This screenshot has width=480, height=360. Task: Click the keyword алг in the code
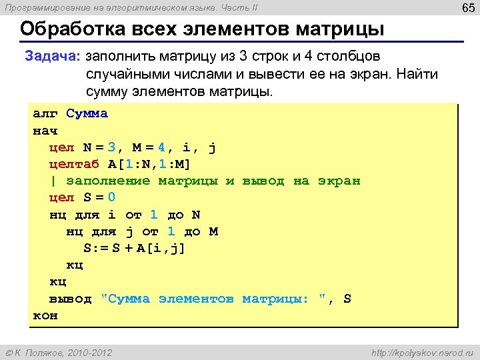pyautogui.click(x=45, y=113)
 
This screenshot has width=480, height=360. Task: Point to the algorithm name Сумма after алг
pyautogui.click(x=87, y=113)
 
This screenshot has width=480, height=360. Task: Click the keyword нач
pyautogui.click(x=45, y=130)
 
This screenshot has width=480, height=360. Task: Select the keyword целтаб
pyautogui.click(x=74, y=164)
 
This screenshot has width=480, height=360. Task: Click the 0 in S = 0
pyautogui.click(x=111, y=198)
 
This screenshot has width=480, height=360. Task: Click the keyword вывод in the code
pyautogui.click(x=70, y=299)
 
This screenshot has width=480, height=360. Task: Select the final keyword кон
pyautogui.click(x=45, y=315)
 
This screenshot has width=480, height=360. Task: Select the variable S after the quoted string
pyautogui.click(x=347, y=299)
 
